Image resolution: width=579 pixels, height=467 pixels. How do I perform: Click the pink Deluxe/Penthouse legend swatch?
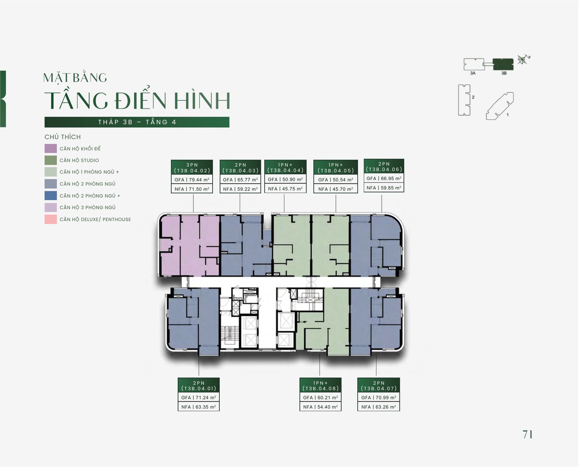click(x=50, y=219)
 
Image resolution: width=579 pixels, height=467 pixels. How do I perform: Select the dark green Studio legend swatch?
click(x=50, y=160)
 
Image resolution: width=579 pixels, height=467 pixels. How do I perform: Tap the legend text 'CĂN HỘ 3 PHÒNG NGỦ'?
click(x=88, y=207)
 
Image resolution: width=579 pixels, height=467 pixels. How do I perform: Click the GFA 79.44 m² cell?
click(x=192, y=180)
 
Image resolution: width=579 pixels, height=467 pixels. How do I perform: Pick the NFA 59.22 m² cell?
click(x=240, y=189)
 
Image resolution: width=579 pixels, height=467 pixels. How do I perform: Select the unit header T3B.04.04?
click(x=285, y=167)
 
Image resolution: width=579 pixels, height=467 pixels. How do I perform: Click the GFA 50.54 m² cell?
click(x=335, y=180)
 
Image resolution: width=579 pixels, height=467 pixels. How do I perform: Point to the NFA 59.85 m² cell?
click(x=384, y=188)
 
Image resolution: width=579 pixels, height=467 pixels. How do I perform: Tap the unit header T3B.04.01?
click(x=199, y=386)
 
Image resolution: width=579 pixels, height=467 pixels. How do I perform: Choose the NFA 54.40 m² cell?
click(x=320, y=407)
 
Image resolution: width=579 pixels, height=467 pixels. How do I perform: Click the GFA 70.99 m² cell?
click(x=379, y=398)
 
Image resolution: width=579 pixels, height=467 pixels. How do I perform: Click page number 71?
click(x=528, y=434)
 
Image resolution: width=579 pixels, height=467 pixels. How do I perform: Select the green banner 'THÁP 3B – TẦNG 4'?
click(x=137, y=122)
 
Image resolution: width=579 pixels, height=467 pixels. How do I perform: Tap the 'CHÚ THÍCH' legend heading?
click(x=63, y=137)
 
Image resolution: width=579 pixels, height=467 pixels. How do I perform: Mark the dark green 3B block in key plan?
click(x=503, y=64)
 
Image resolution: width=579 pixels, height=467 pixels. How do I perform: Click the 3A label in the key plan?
click(x=473, y=73)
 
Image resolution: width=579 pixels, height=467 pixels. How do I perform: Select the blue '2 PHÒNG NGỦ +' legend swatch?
click(x=50, y=196)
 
